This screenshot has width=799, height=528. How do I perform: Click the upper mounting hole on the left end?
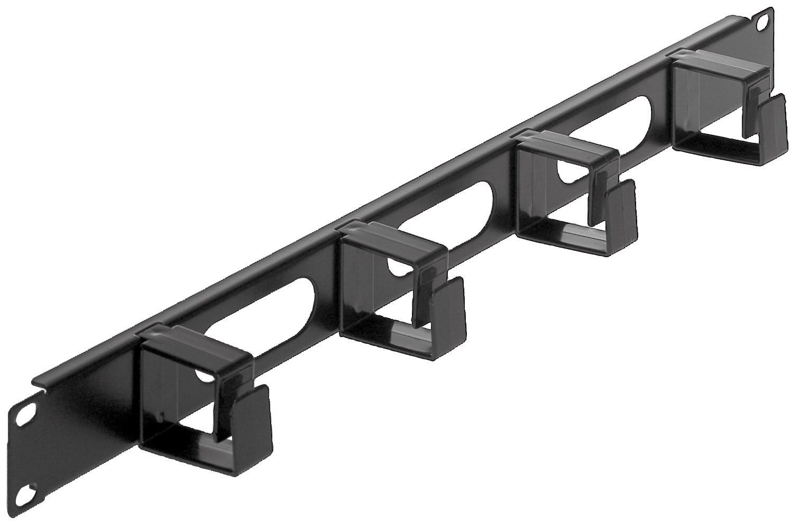tap(23, 416)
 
